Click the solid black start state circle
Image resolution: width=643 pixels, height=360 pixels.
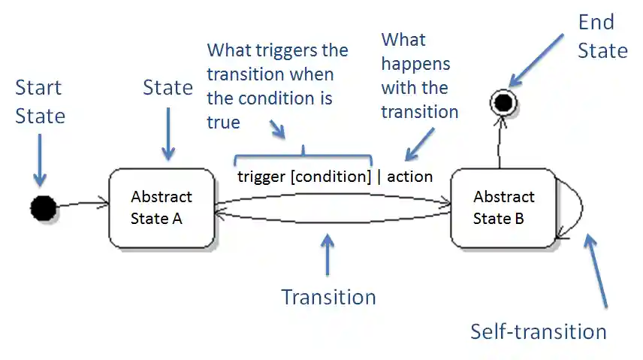tap(44, 207)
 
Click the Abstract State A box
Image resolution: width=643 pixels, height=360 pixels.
tap(161, 208)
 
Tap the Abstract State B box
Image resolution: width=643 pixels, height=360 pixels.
tap(503, 208)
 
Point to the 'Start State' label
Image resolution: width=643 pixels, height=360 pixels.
tap(40, 102)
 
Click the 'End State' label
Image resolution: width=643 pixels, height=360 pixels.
tap(602, 36)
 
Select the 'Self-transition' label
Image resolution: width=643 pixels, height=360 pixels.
tap(538, 331)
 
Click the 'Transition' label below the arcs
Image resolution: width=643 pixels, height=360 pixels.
tap(328, 297)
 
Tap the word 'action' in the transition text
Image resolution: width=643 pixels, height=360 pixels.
tap(409, 177)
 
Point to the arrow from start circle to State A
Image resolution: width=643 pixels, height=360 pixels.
tap(82, 203)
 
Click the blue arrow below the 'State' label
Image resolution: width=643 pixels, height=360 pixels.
tap(168, 132)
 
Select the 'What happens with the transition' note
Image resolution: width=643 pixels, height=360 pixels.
tap(418, 76)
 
